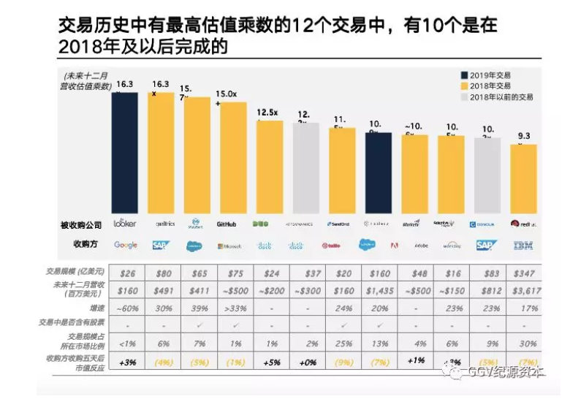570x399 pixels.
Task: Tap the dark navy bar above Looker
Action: tap(125, 153)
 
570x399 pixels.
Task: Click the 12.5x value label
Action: tap(269, 112)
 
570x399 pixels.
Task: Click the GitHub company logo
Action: tap(229, 224)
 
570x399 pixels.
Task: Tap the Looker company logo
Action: tap(125, 224)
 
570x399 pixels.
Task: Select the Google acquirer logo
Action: tap(125, 245)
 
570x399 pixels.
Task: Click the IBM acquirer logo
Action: tap(523, 245)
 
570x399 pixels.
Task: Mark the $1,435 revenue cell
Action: tap(379, 290)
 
